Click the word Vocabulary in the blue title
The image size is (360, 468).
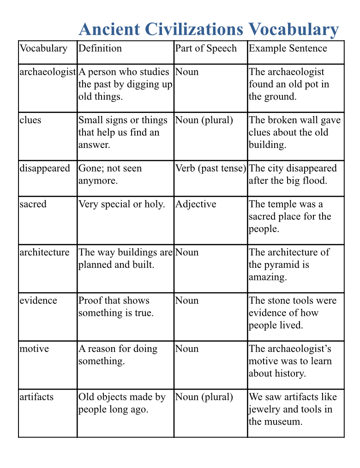click(x=294, y=30)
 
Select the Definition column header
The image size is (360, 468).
click(x=100, y=48)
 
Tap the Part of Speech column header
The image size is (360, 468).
click(x=206, y=48)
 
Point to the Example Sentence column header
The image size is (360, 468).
click(x=288, y=48)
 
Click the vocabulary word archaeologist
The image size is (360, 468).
click(x=48, y=72)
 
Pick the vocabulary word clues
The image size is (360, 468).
click(x=30, y=120)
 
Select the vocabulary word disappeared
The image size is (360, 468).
click(x=45, y=168)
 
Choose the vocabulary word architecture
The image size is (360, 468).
click(x=44, y=252)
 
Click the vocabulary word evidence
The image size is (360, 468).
click(x=38, y=301)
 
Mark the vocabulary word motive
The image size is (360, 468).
click(x=34, y=349)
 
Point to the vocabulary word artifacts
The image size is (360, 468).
click(x=36, y=397)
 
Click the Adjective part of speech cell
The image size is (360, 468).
click(x=196, y=204)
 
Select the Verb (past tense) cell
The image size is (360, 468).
click(x=210, y=168)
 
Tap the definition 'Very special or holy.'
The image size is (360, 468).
click(x=122, y=204)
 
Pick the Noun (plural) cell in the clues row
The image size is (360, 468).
click(x=204, y=120)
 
